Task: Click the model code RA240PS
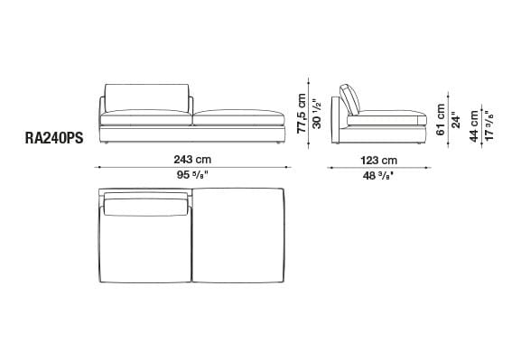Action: pyautogui.click(x=54, y=138)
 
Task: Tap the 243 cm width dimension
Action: pyautogui.click(x=192, y=160)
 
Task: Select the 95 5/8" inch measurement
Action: pyautogui.click(x=192, y=175)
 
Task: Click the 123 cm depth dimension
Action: pyautogui.click(x=379, y=161)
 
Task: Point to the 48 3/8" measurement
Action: pyautogui.click(x=378, y=175)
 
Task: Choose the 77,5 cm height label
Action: pyautogui.click(x=302, y=114)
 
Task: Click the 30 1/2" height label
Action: pyautogui.click(x=317, y=114)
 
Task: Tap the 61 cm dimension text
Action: pyautogui.click(x=441, y=120)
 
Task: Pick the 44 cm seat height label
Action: pyautogui.click(x=474, y=126)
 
